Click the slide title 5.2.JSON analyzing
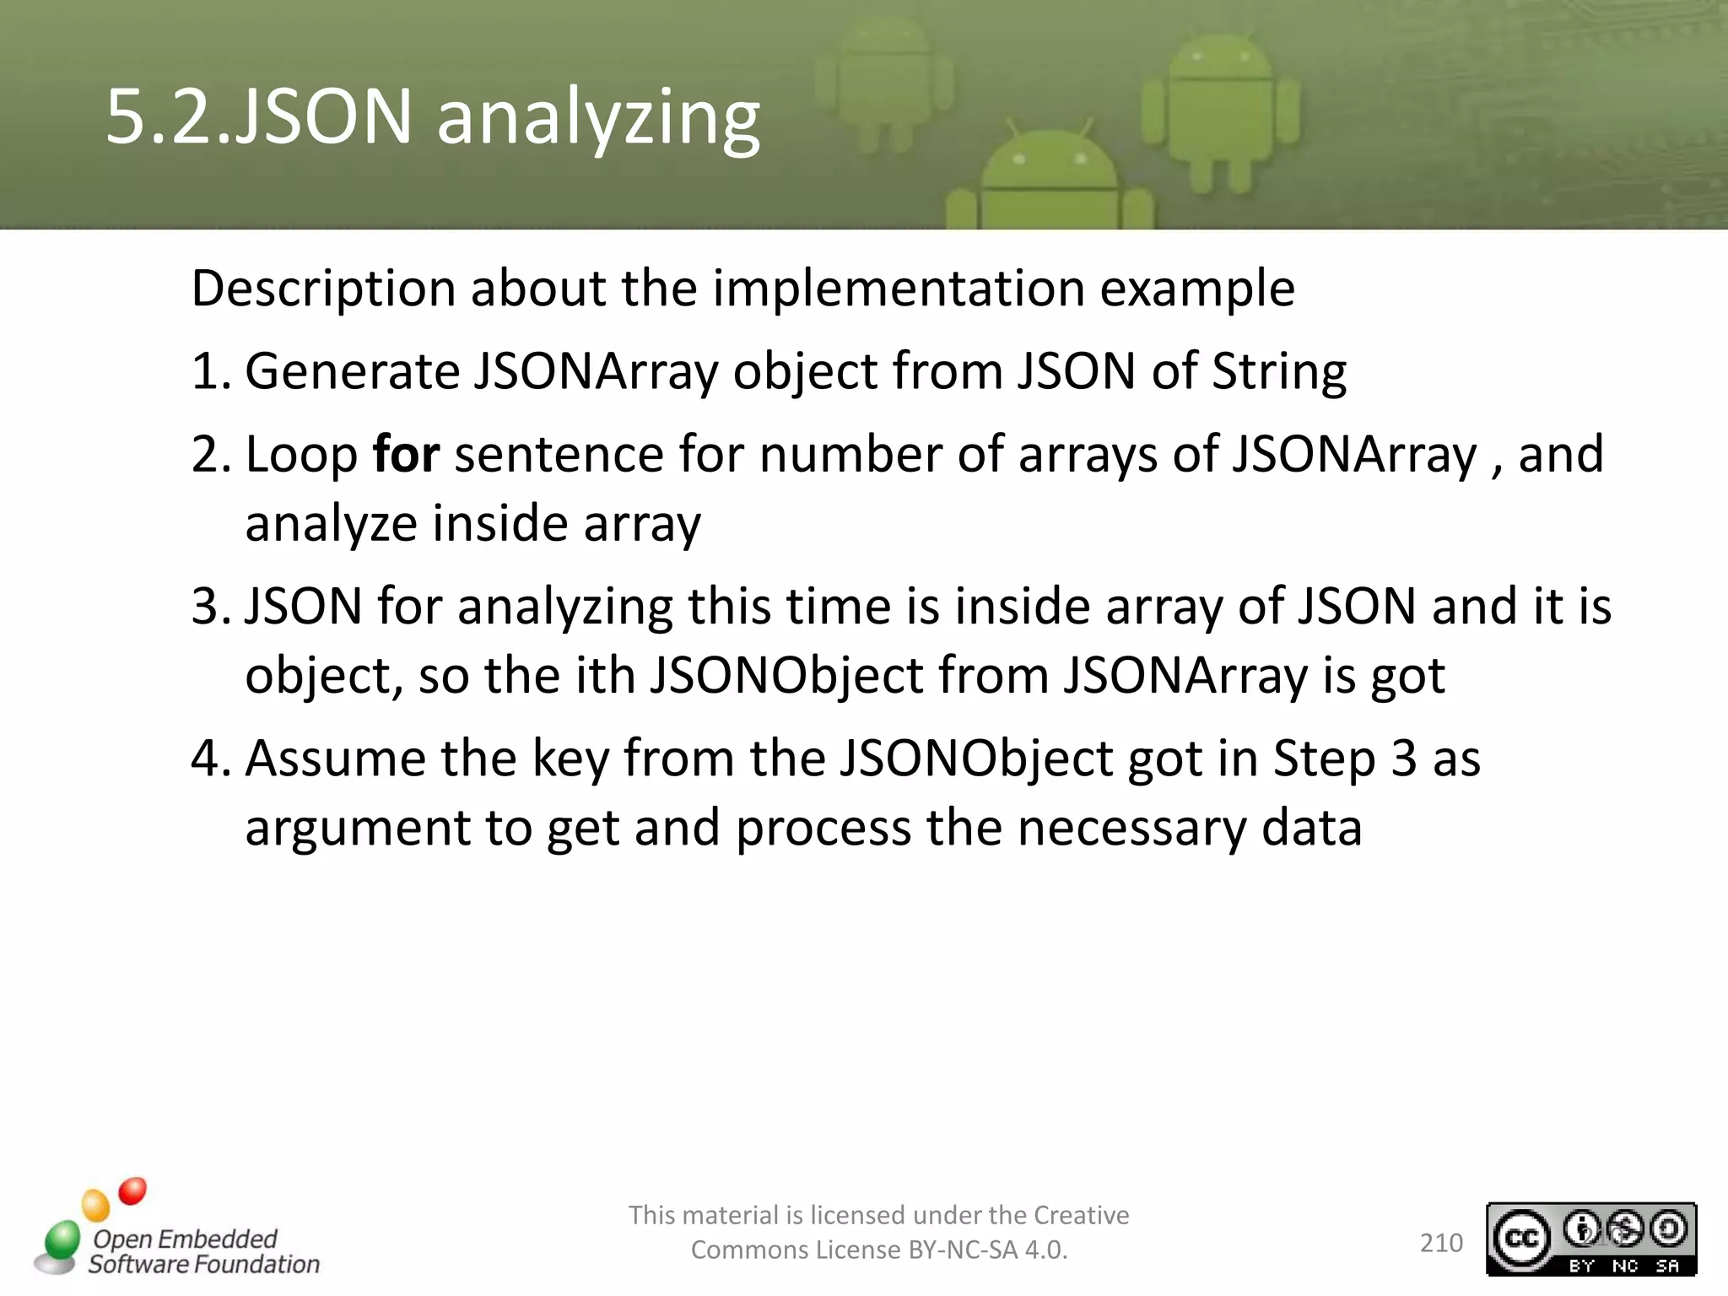point(432,118)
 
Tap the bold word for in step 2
point(406,456)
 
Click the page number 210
point(1441,1243)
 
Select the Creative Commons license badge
point(1590,1239)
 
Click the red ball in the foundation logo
point(132,1191)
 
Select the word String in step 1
point(1279,372)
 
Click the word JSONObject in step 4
point(975,759)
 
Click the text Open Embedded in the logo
point(185,1239)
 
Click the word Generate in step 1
point(351,372)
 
